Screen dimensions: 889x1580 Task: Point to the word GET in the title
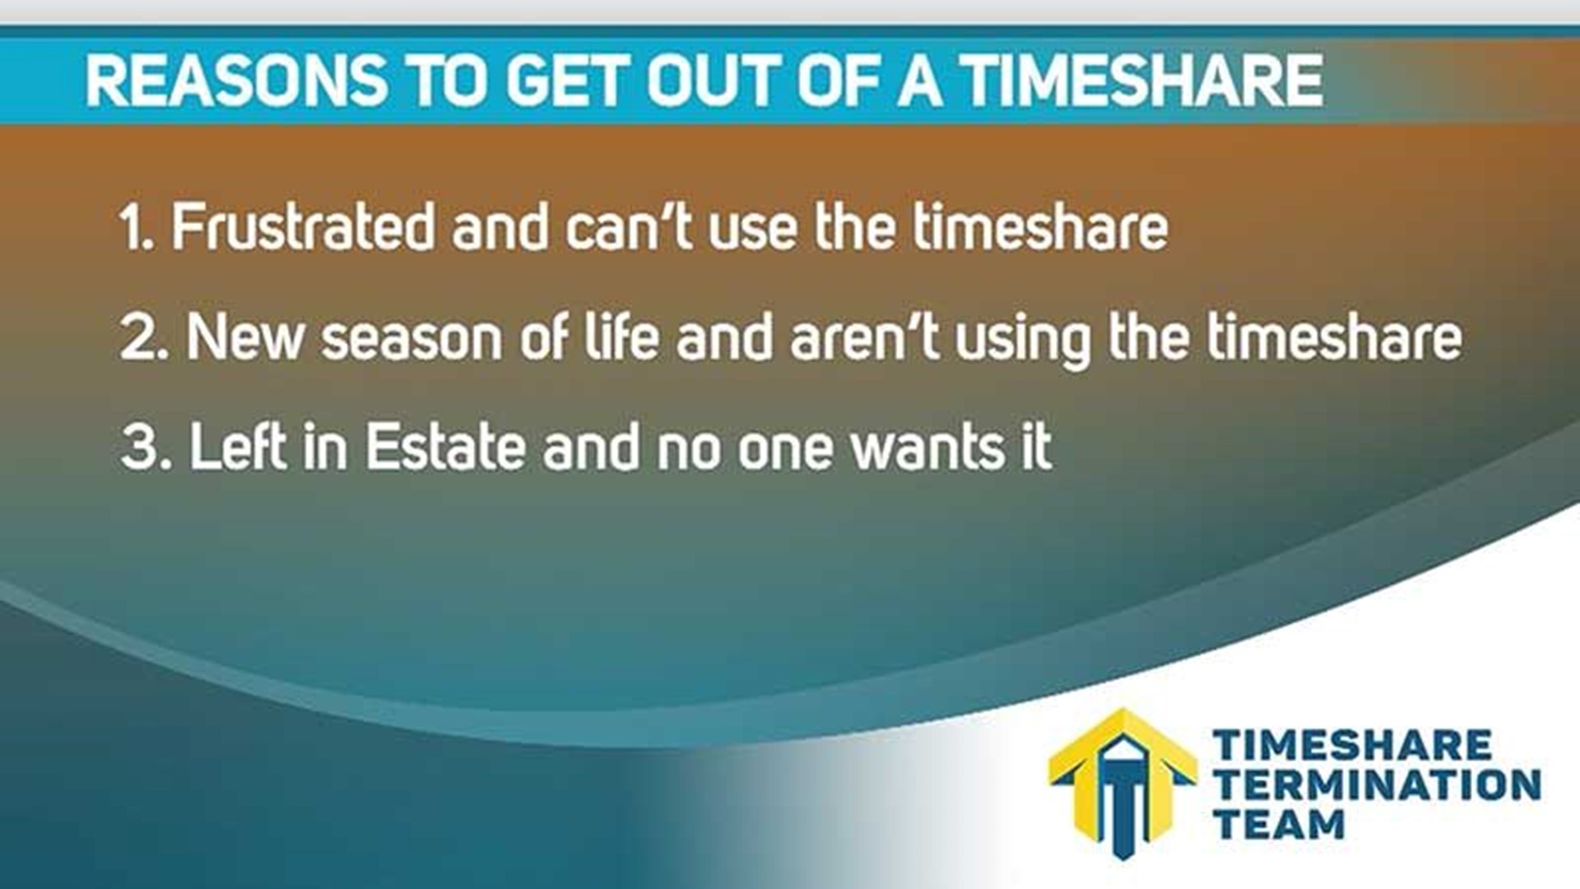[x=568, y=81]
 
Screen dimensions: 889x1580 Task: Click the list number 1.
[x=134, y=228]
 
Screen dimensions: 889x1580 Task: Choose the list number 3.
[x=145, y=448]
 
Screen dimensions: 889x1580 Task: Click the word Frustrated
[x=302, y=228]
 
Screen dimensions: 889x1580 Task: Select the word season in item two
[x=411, y=338]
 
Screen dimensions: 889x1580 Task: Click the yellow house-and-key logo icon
[x=1122, y=782]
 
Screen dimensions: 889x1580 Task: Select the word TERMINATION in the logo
[x=1377, y=785]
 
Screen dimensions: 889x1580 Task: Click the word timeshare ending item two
[x=1333, y=337]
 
